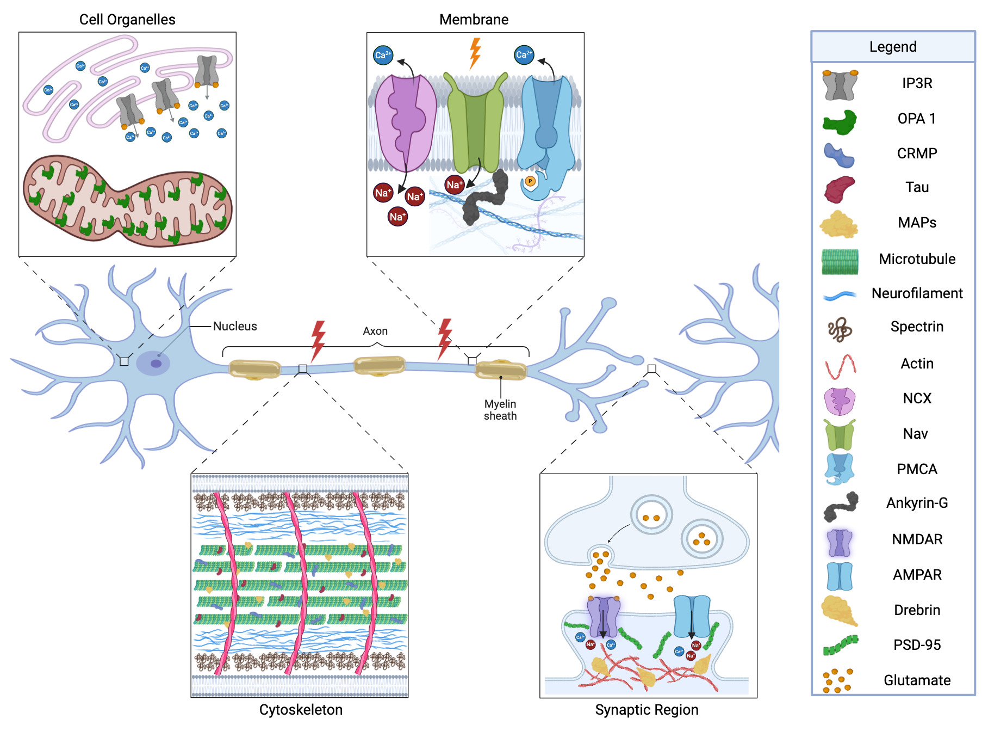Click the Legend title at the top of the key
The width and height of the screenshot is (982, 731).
(x=892, y=47)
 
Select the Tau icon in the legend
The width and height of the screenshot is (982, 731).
(x=839, y=189)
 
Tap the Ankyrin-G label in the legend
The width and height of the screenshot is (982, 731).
(x=917, y=503)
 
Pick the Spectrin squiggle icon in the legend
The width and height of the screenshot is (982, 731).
(x=840, y=329)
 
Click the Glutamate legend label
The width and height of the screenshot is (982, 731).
(x=917, y=680)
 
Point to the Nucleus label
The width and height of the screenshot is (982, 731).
(x=235, y=326)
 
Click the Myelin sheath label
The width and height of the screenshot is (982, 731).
(x=500, y=410)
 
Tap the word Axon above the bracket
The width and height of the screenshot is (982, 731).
(x=375, y=331)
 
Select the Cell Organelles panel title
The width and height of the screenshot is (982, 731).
(x=127, y=20)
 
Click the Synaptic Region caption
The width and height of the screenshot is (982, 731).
(x=647, y=710)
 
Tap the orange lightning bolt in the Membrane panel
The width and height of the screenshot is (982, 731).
(x=475, y=53)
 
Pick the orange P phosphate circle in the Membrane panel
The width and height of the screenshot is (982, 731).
(x=530, y=181)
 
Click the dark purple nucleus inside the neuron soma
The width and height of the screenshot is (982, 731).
(x=156, y=364)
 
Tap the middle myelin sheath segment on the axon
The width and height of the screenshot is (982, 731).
(x=380, y=365)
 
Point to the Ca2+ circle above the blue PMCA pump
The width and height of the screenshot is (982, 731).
(x=524, y=55)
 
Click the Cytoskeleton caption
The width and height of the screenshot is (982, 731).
(x=301, y=710)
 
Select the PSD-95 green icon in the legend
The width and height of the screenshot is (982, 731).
(x=840, y=645)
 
